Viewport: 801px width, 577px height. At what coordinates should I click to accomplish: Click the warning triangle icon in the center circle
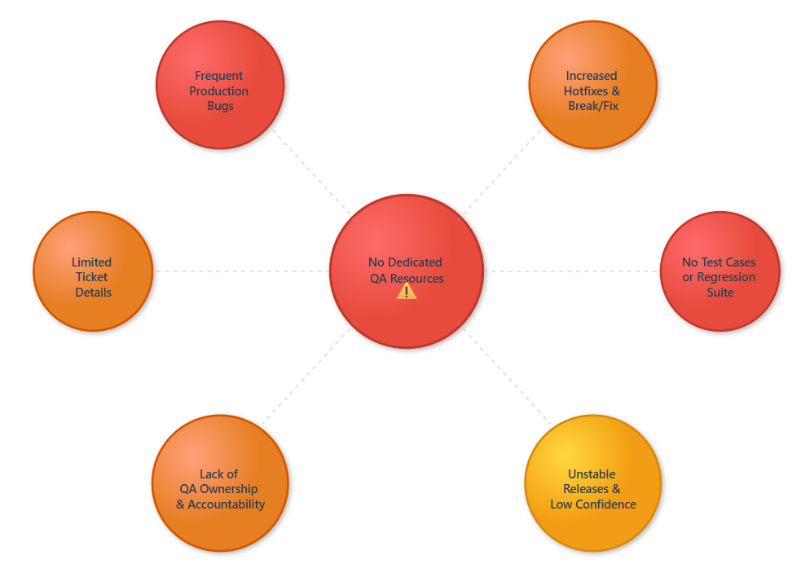[x=407, y=291]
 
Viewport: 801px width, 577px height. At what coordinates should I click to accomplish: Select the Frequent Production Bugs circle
[x=220, y=85]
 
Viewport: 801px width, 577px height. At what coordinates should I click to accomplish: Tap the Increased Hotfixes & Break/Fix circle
[x=593, y=85]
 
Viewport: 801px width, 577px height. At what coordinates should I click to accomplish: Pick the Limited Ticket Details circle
[x=93, y=271]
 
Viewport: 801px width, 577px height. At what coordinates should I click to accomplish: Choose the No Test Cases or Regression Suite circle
[x=720, y=271]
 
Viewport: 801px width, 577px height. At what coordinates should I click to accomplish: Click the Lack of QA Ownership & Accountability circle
[x=220, y=483]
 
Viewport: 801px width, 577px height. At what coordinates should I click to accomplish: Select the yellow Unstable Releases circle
[x=593, y=483]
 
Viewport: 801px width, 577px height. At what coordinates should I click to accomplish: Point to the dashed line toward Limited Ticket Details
[x=242, y=271]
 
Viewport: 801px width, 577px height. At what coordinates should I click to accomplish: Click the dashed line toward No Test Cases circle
[x=572, y=271]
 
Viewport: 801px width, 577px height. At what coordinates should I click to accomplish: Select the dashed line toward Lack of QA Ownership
[x=307, y=375]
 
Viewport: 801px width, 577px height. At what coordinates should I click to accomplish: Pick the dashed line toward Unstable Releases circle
[x=506, y=375]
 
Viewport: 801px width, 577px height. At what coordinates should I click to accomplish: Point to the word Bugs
[x=221, y=106]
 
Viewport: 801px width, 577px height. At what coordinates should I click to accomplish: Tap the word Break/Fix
[x=593, y=106]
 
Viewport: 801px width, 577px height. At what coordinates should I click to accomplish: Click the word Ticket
[x=92, y=277]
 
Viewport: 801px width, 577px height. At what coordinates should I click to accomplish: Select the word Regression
[x=726, y=278]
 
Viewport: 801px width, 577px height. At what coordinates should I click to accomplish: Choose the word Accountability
[x=227, y=504]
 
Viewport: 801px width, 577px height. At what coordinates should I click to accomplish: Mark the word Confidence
[x=606, y=504]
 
